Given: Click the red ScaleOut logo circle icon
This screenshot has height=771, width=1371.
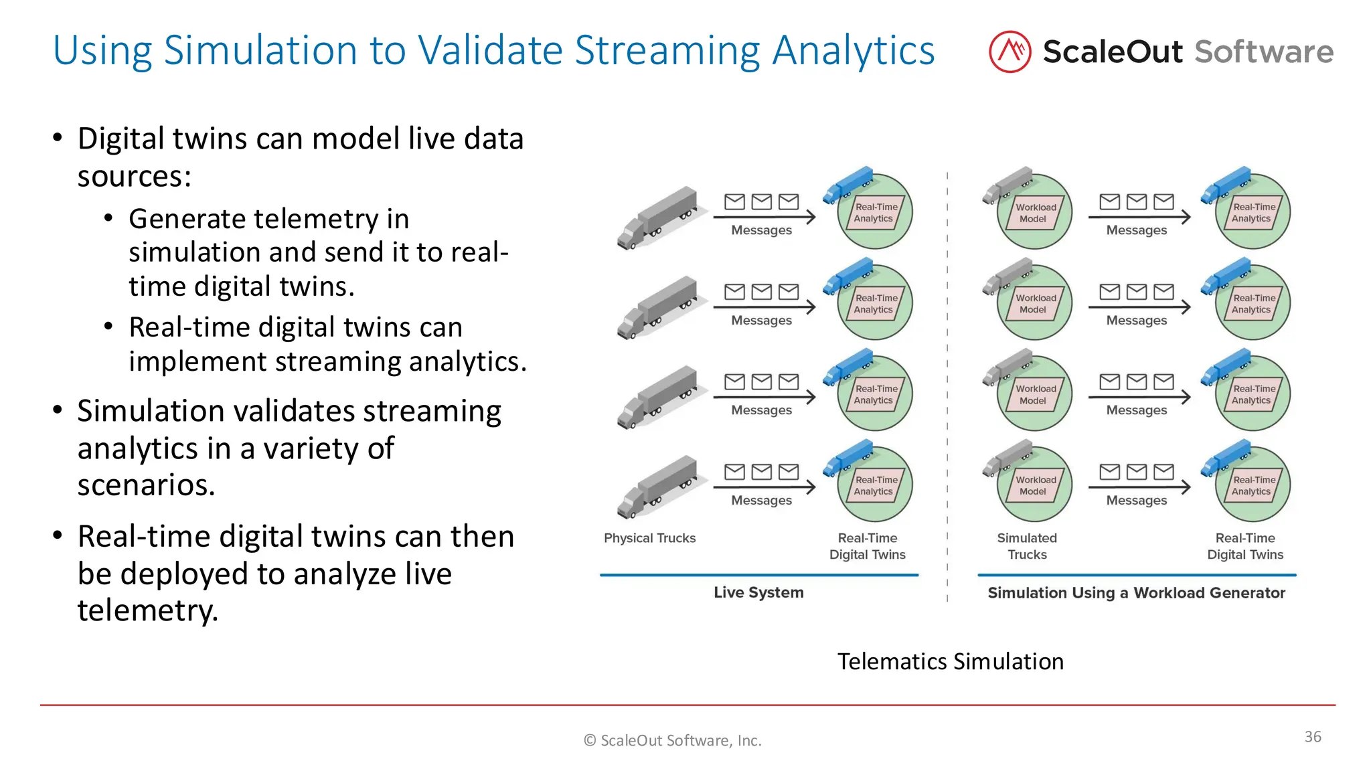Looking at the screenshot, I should click(x=1010, y=52).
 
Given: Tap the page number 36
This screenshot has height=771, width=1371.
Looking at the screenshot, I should click(x=1312, y=737).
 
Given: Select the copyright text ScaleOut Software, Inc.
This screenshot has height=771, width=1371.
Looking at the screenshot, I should click(x=673, y=740).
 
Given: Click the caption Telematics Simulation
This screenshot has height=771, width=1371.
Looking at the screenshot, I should click(x=950, y=661).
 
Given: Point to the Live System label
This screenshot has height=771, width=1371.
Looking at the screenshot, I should click(x=758, y=592).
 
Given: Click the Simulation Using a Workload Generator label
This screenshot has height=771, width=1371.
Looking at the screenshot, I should click(x=1136, y=593).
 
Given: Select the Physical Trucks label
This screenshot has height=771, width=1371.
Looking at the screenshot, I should click(x=649, y=538).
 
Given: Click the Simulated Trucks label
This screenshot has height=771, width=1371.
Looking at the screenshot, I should click(x=1027, y=546).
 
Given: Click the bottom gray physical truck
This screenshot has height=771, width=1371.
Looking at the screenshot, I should click(x=659, y=487).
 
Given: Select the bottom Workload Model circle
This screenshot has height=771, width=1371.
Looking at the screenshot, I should click(x=1034, y=485).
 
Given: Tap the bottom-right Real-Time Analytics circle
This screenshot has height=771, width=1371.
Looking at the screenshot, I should click(x=1252, y=485).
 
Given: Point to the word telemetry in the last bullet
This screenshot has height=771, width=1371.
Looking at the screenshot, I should click(x=147, y=610).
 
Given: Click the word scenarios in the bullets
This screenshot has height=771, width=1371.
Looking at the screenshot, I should click(x=146, y=485).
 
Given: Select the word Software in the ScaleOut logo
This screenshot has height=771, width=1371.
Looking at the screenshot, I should click(x=1264, y=52).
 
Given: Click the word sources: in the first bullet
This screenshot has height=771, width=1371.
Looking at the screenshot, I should click(x=135, y=177).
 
